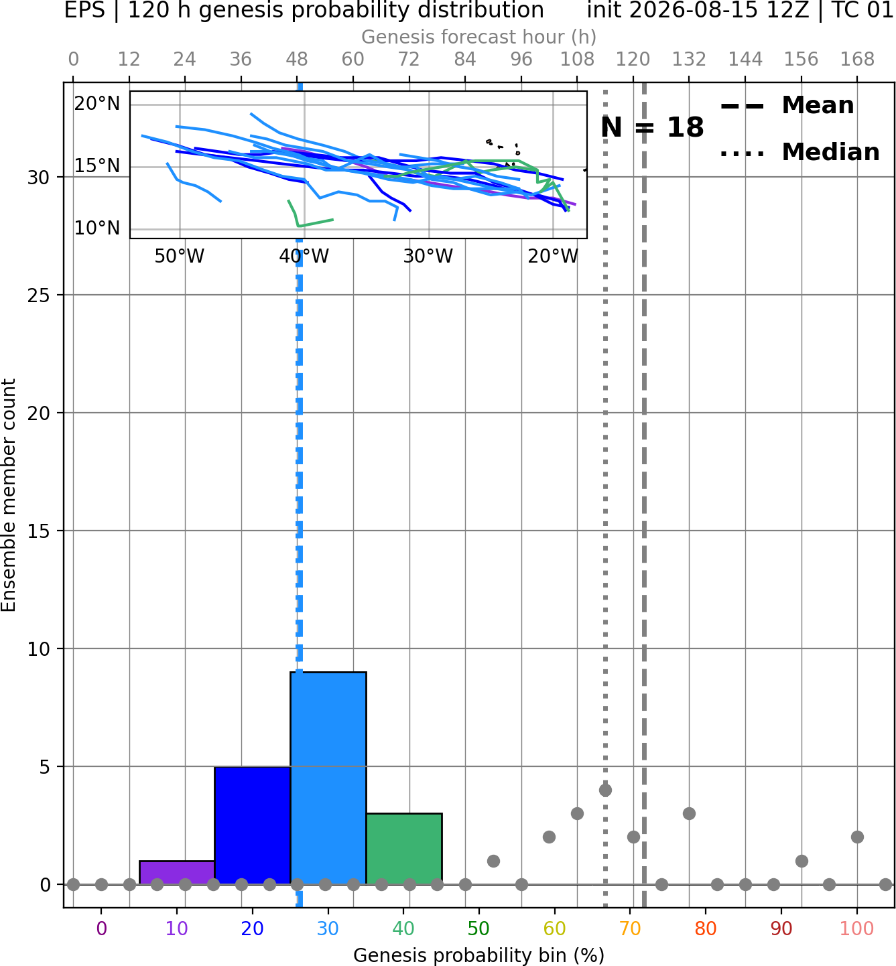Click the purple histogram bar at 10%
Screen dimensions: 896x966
[177, 873]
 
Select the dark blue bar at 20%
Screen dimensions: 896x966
[253, 825]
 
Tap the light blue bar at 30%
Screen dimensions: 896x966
[328, 778]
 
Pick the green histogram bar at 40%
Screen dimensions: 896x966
[404, 849]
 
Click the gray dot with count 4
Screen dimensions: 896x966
[605, 790]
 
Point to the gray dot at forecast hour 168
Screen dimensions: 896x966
[858, 837]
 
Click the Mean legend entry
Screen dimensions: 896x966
[787, 106]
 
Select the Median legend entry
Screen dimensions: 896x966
[800, 152]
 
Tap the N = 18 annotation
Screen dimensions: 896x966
[652, 127]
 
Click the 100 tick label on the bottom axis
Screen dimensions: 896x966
[857, 929]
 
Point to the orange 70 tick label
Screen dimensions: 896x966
[630, 929]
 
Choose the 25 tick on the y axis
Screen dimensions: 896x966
[39, 295]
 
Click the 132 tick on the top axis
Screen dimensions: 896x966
[689, 60]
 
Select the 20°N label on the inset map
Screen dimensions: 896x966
[97, 104]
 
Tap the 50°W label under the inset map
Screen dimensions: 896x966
[180, 257]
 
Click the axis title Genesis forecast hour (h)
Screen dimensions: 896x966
[479, 37]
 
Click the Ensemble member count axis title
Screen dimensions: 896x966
[9, 495]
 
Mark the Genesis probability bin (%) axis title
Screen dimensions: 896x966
[479, 955]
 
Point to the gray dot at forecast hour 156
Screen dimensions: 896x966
[802, 861]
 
